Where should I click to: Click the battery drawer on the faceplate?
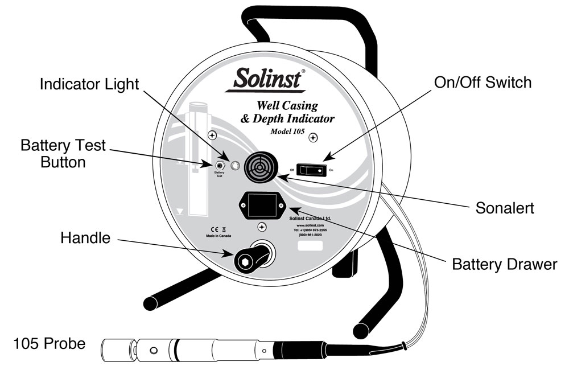click(x=262, y=205)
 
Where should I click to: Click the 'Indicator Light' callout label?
click(x=89, y=85)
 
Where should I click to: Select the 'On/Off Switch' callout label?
click(x=483, y=83)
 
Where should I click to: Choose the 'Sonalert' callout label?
click(x=504, y=208)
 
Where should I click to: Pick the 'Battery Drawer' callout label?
click(x=504, y=265)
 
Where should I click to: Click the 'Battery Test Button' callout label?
click(x=63, y=154)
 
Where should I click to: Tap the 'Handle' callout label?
click(x=85, y=238)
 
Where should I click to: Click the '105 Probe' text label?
click(x=50, y=344)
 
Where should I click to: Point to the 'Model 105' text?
click(x=282, y=132)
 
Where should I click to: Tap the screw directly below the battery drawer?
click(x=261, y=227)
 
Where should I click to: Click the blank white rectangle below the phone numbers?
click(x=310, y=246)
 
